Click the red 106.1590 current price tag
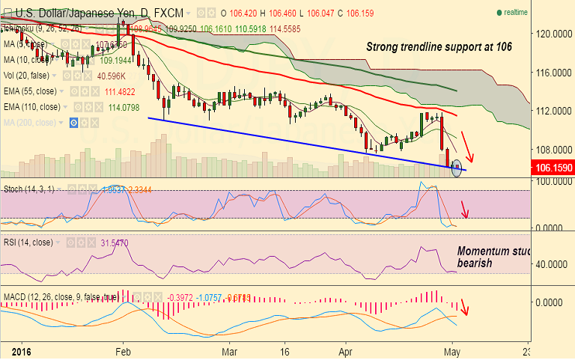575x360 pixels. [x=553, y=169]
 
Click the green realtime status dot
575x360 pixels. [x=499, y=13]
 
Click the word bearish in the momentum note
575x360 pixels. [x=476, y=264]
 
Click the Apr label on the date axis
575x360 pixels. [x=344, y=350]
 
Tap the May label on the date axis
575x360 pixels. [x=451, y=350]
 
